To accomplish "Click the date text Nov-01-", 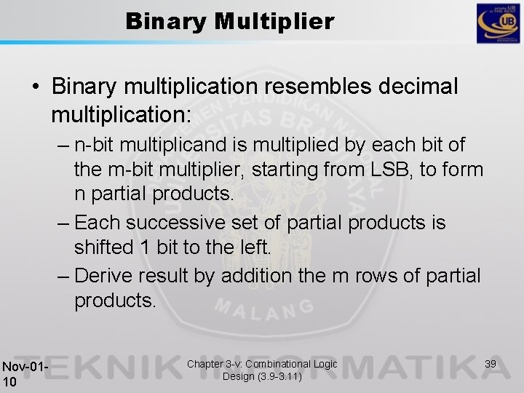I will click(x=25, y=366).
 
